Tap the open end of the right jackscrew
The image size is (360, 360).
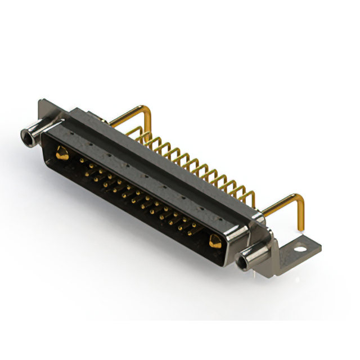tap(243, 262)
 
